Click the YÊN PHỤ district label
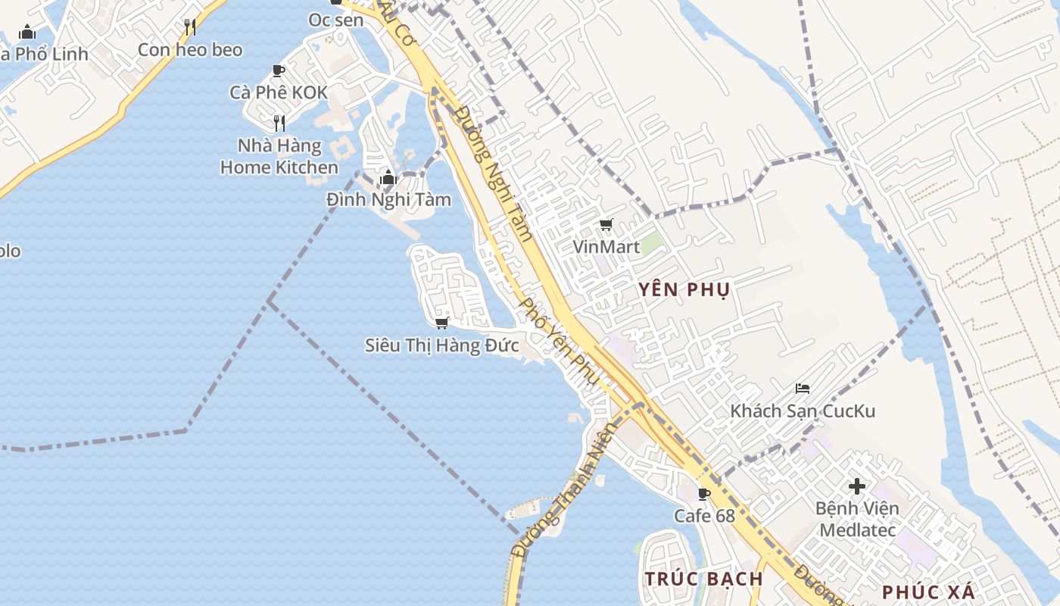(683, 289)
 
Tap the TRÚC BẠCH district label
(704, 579)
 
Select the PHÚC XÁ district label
(928, 592)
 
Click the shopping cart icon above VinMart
(606, 225)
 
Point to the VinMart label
(606, 247)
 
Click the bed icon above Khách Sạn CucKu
(803, 389)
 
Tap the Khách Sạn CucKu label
(803, 411)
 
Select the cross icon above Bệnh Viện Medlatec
(857, 486)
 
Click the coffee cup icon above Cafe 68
(704, 495)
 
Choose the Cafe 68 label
(704, 516)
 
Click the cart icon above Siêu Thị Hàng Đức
(442, 323)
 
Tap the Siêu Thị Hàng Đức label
(442, 345)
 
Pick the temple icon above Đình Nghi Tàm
(388, 178)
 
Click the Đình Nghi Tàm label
(388, 200)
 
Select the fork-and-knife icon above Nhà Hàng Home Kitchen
(279, 123)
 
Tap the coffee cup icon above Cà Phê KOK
(279, 71)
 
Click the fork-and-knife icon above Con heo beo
(190, 28)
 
